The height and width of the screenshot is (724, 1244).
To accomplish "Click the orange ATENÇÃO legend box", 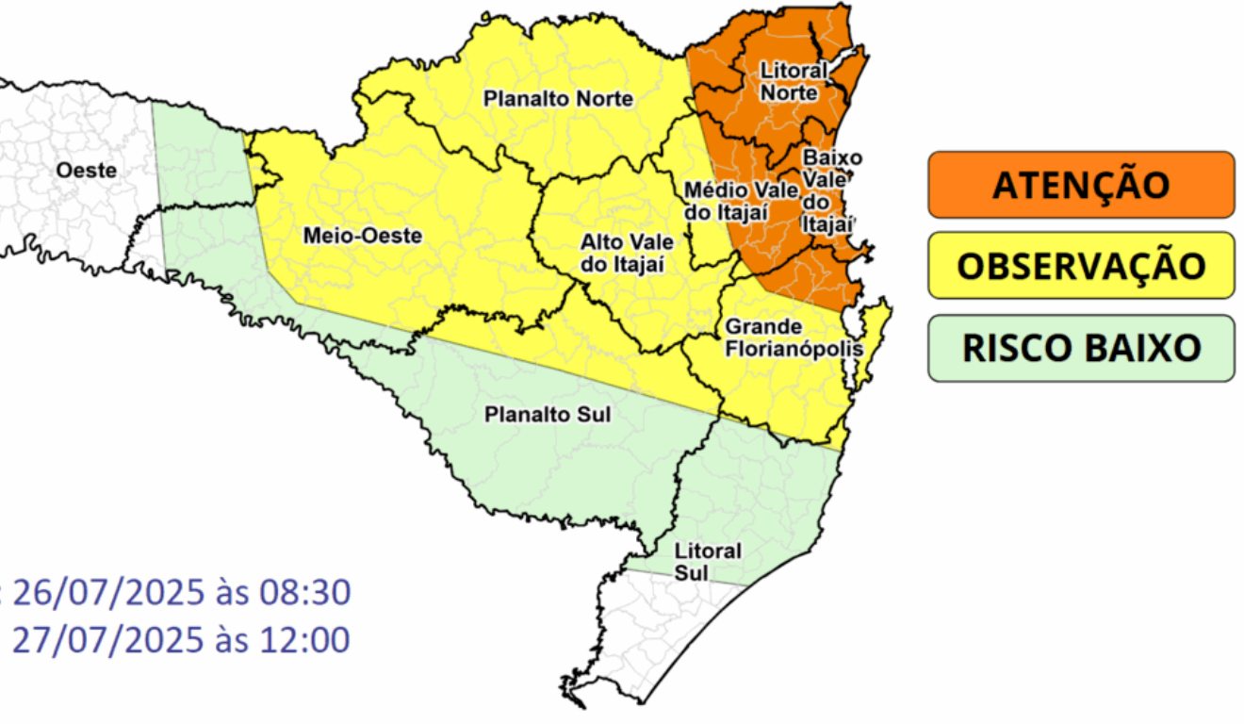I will [1080, 184].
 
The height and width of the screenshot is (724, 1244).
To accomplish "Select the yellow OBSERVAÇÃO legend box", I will [1080, 265].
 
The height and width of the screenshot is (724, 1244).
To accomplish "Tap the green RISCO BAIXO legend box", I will [1080, 348].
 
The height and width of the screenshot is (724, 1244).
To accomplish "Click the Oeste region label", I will [87, 171].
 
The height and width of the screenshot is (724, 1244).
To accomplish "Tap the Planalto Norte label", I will [558, 98].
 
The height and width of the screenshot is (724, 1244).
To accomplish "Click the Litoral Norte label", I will [794, 81].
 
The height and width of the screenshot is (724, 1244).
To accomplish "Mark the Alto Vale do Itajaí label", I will [622, 254].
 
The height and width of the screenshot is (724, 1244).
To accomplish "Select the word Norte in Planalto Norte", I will [604, 98].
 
